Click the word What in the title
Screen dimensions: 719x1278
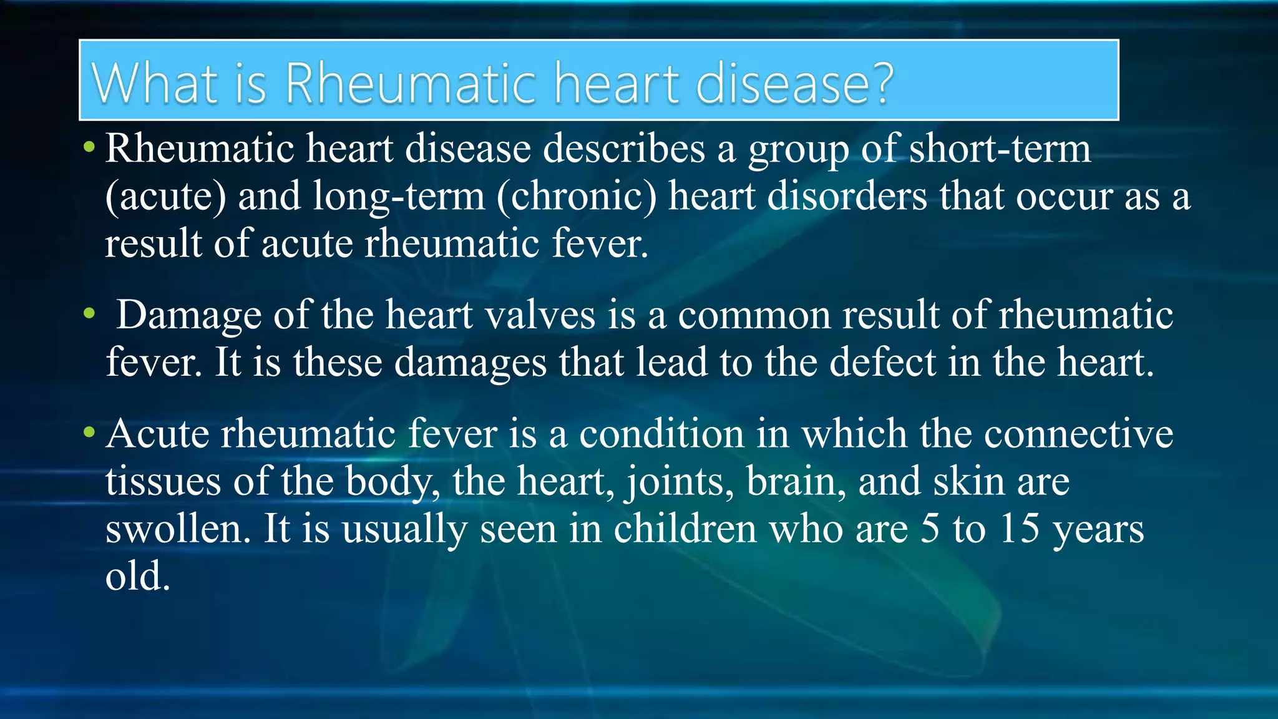tap(155, 83)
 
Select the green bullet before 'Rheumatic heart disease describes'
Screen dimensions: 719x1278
tap(89, 148)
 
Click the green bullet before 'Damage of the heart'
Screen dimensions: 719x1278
tap(89, 313)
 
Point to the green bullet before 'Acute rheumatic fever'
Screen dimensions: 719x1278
tap(89, 431)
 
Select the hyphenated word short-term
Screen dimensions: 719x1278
tap(1000, 149)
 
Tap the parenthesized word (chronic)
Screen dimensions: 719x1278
tap(577, 196)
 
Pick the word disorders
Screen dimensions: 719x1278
tap(847, 196)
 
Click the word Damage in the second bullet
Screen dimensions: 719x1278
tap(189, 315)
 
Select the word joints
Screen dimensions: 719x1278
tap(679, 481)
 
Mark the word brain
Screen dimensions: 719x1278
tap(796, 481)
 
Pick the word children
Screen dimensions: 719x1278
tap(685, 529)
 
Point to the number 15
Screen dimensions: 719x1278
tap(1020, 529)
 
